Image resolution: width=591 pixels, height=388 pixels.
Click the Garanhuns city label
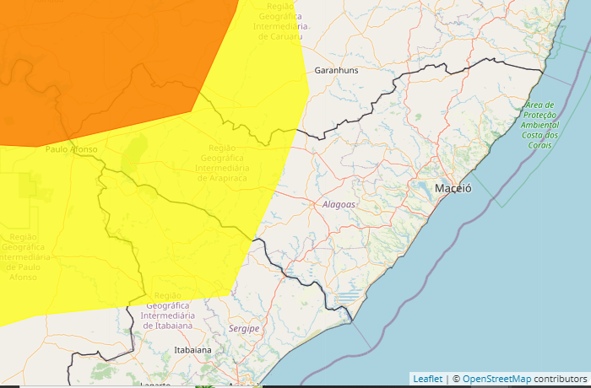[x=336, y=70]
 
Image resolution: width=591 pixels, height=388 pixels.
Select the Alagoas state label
[x=339, y=204]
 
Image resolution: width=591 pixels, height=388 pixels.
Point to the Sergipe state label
[x=244, y=328]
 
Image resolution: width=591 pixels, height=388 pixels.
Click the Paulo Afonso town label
[x=72, y=149]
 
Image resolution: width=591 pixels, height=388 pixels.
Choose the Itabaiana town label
[x=191, y=348]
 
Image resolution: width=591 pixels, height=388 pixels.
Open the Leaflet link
[x=427, y=380]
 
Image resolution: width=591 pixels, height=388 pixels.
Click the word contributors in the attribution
[x=560, y=380]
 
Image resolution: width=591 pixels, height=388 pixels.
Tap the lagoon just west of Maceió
[x=421, y=186]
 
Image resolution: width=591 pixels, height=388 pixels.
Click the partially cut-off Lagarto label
[x=155, y=384]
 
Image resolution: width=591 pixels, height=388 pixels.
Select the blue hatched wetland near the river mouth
[x=348, y=297]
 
